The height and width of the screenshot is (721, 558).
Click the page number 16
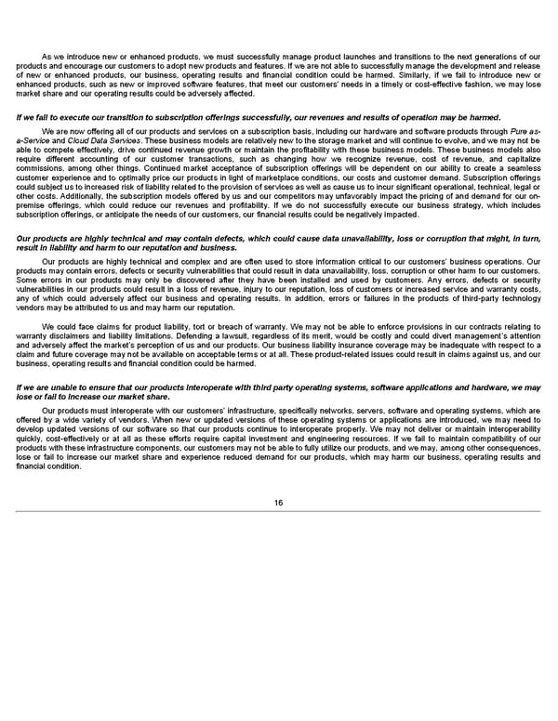(x=278, y=503)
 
